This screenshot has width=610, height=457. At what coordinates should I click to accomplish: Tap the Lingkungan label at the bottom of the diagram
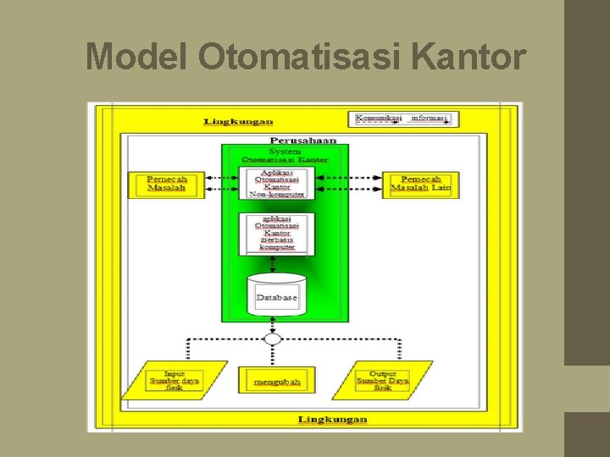point(333,420)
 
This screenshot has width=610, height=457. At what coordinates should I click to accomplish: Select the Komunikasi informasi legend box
point(402,118)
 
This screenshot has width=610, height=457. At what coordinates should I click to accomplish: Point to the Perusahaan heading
point(303,140)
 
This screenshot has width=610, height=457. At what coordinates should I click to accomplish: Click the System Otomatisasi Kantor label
point(284,154)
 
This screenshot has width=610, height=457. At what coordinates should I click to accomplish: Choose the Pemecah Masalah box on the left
point(167,184)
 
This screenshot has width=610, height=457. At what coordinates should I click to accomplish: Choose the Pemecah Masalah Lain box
point(421,184)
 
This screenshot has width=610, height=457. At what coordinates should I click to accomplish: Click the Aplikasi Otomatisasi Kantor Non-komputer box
point(277,183)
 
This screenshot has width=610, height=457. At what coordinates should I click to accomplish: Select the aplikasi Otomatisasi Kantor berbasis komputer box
point(277,234)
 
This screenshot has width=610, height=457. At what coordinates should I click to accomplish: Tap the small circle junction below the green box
point(272,339)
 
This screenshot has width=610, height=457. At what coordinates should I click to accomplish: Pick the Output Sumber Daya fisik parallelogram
point(383,381)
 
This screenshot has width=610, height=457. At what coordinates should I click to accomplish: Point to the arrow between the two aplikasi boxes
point(277,206)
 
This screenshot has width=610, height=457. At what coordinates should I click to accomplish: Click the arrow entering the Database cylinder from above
point(277,264)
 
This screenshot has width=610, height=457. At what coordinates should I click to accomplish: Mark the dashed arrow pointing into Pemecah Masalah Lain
point(369,179)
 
